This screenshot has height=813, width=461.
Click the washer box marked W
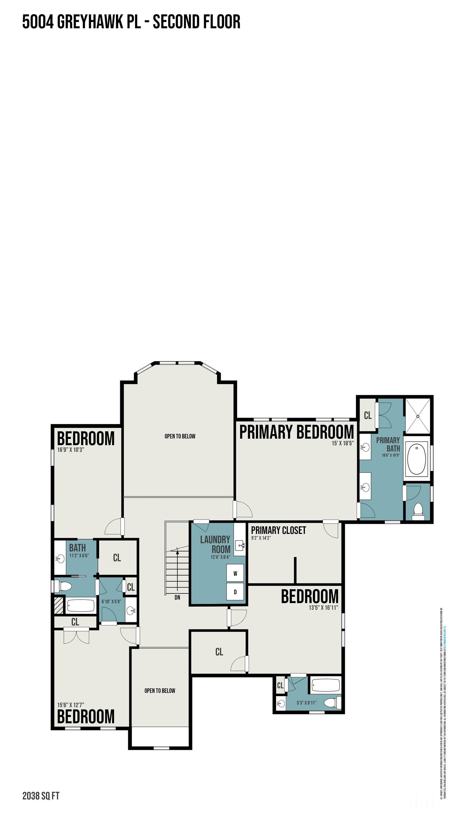[x=235, y=573]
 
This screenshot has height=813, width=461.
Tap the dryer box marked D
[x=235, y=592]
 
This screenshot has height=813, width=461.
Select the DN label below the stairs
[x=177, y=597]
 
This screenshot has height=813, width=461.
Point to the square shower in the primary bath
[x=418, y=416]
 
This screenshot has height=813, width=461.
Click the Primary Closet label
[x=278, y=530]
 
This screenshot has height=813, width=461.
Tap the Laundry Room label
[x=215, y=544]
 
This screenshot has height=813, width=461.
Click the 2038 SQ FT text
[x=41, y=786]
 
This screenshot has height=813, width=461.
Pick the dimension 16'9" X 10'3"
[x=70, y=450]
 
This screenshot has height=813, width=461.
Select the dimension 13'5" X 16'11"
[x=323, y=607]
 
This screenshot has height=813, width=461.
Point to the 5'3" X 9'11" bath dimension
[x=306, y=703]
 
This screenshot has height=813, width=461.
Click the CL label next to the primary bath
[x=368, y=415]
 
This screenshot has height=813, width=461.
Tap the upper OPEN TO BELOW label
[x=180, y=436]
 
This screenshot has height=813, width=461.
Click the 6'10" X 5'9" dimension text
[x=111, y=601]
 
